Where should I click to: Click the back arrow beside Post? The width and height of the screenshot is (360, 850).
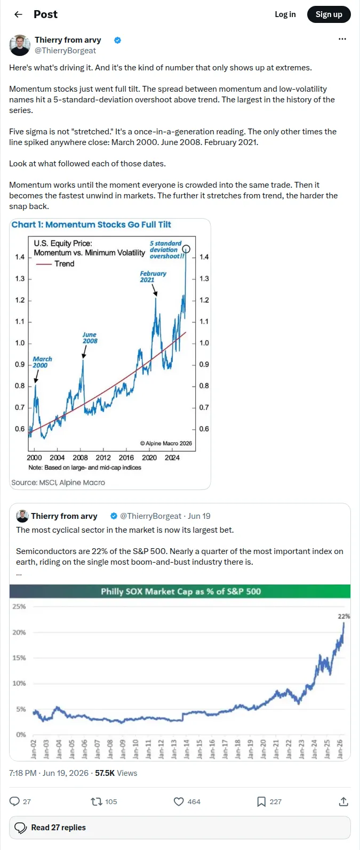click(x=18, y=14)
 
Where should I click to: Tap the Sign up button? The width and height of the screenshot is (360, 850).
click(x=329, y=14)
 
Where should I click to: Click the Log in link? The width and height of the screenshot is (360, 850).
click(x=285, y=14)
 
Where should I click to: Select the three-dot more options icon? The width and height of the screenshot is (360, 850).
click(x=342, y=39)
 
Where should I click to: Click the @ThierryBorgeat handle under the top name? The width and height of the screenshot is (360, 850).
click(x=65, y=51)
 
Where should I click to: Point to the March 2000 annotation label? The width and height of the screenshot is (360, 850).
click(x=42, y=362)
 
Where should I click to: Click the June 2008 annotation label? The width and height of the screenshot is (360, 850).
click(x=90, y=338)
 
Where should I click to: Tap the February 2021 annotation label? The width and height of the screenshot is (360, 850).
click(x=153, y=277)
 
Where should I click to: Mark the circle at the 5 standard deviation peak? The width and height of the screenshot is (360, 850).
click(x=186, y=249)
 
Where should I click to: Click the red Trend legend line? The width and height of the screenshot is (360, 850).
click(x=44, y=264)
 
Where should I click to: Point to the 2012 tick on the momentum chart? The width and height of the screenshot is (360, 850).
click(x=103, y=458)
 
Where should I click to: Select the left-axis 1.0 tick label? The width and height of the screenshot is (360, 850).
click(x=20, y=343)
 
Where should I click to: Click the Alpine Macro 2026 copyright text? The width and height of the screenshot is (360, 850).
click(x=166, y=443)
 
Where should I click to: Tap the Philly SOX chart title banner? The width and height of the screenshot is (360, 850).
click(x=180, y=591)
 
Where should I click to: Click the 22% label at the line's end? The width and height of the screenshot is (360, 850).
click(x=343, y=616)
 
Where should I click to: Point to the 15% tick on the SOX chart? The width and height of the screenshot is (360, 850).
click(x=19, y=657)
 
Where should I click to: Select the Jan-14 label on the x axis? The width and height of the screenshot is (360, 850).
click(x=186, y=749)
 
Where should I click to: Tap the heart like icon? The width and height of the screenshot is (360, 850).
click(x=179, y=801)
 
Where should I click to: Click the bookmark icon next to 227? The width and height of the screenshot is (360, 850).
click(x=261, y=801)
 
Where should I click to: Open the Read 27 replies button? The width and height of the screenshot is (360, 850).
click(x=180, y=827)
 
